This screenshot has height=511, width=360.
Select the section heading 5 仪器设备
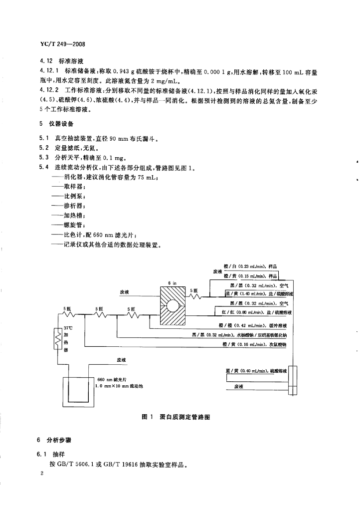click(x=57, y=124)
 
